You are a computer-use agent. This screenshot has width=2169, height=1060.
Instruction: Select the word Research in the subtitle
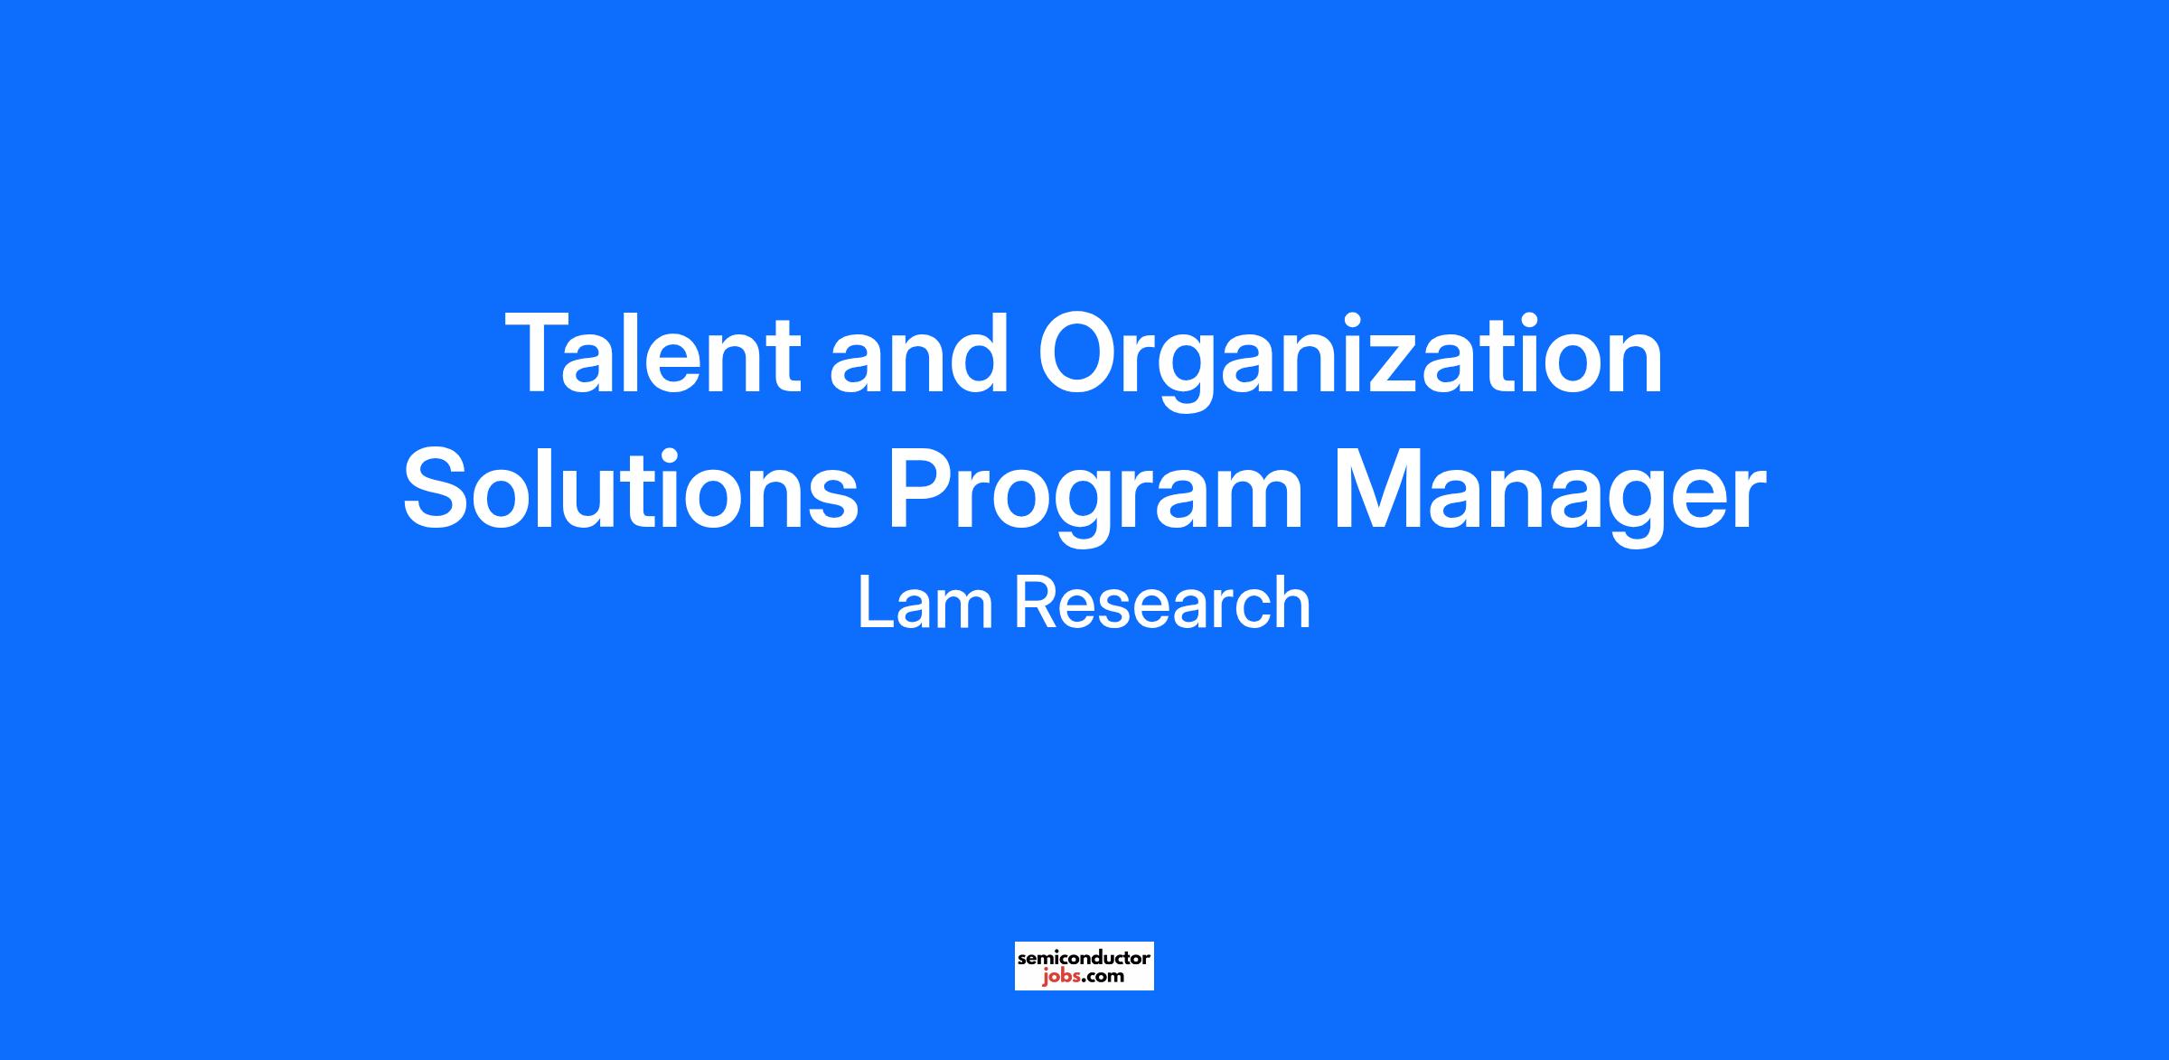(x=1162, y=602)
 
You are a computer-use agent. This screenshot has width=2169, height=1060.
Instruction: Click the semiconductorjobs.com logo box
(x=1084, y=966)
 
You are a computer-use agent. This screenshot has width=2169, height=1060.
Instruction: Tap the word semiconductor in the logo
(x=1084, y=957)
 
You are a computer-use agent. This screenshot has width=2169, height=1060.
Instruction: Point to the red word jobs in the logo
(x=1058, y=976)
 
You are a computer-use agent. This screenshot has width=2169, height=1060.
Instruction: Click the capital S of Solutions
(x=440, y=489)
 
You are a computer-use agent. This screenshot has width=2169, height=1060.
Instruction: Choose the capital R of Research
(x=1036, y=602)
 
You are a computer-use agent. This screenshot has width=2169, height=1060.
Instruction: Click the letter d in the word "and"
(x=980, y=353)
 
